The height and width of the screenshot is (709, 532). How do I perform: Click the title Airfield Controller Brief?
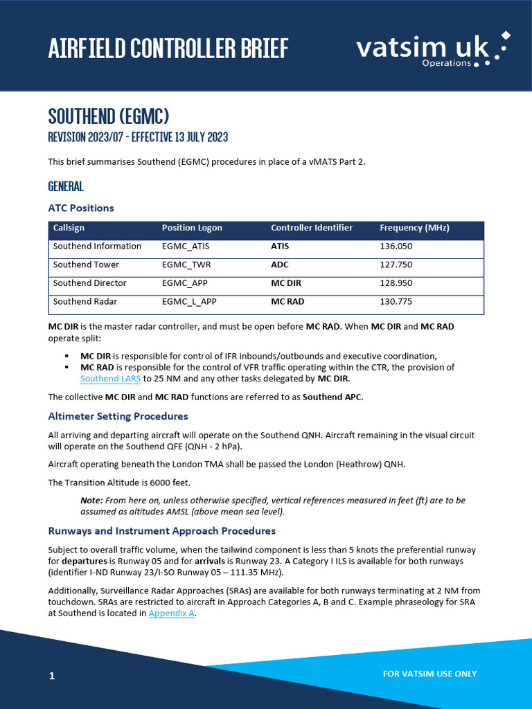coord(168,48)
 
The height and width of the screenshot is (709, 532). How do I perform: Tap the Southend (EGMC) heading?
coord(109,115)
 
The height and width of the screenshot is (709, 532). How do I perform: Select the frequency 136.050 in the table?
coord(396,246)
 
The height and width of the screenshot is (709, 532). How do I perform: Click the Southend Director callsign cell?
coord(90,283)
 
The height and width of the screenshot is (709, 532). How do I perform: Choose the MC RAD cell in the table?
coord(287,302)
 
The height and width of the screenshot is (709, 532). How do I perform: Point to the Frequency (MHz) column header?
coord(414,228)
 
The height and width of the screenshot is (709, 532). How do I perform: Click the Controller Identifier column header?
coord(312,228)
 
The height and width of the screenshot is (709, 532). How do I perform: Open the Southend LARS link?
coord(110,379)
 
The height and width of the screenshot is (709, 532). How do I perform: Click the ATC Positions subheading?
coord(81,208)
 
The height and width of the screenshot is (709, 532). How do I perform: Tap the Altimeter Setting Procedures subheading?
coord(118,416)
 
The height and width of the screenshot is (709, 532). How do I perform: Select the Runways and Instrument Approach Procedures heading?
coord(161,531)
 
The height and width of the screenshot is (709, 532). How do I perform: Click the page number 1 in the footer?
coord(52,675)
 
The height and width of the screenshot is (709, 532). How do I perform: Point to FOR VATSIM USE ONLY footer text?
coord(429,674)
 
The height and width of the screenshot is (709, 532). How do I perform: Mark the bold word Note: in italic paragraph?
coord(92,500)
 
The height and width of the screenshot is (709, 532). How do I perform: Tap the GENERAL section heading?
coord(66,186)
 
